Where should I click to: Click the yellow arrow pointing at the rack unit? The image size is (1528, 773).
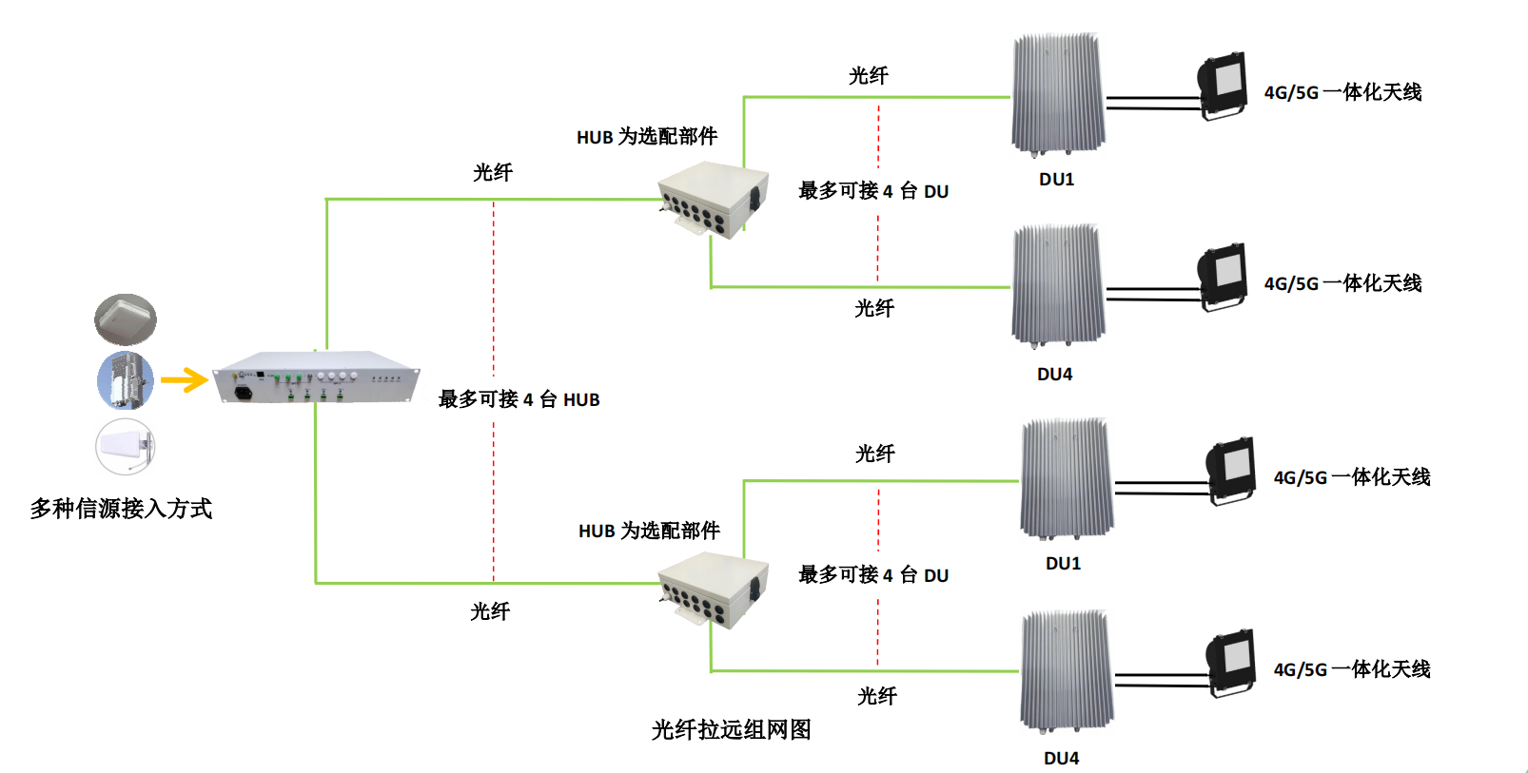tap(185, 380)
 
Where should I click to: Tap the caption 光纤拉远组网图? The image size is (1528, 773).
tap(731, 729)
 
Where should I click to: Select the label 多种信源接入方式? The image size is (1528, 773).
tap(121, 509)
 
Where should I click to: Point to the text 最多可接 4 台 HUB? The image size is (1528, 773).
tap(519, 399)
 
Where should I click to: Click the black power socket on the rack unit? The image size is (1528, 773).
tap(243, 391)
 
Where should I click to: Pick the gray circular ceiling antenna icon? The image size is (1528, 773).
tap(126, 319)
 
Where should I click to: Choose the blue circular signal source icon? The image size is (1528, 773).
tap(126, 381)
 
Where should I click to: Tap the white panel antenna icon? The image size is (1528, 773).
tap(126, 446)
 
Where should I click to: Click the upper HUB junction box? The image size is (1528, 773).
tap(714, 199)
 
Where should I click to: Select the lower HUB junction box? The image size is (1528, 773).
tap(714, 589)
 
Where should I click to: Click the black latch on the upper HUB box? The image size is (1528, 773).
tap(754, 197)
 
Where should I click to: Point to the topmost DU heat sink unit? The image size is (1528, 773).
tap(1057, 94)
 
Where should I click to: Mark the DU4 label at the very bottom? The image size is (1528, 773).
tap(1061, 758)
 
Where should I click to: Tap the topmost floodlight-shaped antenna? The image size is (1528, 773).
tap(1223, 85)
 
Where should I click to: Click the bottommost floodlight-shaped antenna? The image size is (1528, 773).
tap(1231, 662)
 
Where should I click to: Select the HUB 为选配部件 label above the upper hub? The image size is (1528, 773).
tap(647, 137)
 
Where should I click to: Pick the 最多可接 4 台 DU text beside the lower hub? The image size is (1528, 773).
tap(872, 575)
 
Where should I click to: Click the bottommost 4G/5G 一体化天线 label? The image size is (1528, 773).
tap(1352, 669)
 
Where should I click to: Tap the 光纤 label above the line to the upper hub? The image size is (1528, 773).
tap(493, 172)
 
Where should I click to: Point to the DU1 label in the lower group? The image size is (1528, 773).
tap(1063, 563)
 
